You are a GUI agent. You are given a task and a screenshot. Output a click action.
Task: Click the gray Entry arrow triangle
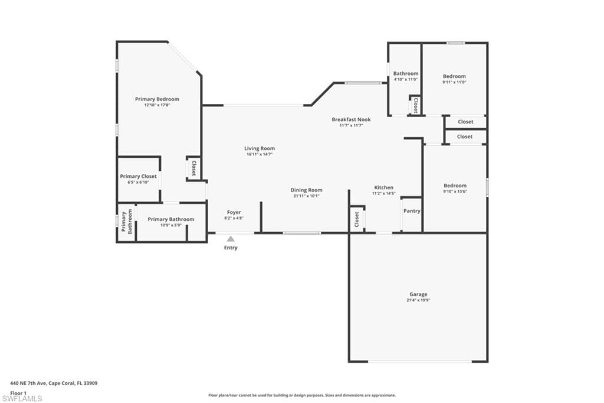point(231,239)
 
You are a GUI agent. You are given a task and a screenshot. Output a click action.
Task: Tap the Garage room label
point(418,294)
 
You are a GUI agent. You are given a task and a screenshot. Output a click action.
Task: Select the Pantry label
point(412,211)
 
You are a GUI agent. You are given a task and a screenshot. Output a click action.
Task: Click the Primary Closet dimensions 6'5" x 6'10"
point(138,182)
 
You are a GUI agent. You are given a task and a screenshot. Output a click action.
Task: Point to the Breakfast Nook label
point(352,120)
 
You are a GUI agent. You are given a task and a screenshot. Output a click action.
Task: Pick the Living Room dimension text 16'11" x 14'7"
point(260,154)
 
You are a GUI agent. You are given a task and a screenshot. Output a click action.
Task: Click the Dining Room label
point(307,190)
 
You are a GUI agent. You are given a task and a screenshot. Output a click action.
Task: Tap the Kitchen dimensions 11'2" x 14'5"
point(384,193)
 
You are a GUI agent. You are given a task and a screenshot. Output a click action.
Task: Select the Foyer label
point(234,212)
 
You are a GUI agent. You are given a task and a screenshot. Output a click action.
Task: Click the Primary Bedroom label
point(157,99)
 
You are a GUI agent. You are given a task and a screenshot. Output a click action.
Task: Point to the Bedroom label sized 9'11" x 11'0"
point(454,76)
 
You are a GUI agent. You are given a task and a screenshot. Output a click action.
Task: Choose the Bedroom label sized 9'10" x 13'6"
point(455,186)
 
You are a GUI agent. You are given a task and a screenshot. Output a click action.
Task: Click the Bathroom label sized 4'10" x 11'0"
point(406,74)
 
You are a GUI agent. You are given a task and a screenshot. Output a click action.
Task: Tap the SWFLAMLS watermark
point(22,398)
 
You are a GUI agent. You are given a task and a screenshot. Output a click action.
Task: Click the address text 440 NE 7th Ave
point(28,383)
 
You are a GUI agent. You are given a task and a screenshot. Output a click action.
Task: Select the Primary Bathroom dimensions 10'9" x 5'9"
point(171,225)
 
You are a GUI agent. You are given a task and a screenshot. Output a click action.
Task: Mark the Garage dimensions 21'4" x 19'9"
point(418,300)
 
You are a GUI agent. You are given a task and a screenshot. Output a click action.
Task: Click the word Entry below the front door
point(231,248)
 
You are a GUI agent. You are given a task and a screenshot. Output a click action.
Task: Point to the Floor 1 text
point(18,393)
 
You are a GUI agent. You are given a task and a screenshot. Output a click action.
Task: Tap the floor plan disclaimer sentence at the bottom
point(302,395)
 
